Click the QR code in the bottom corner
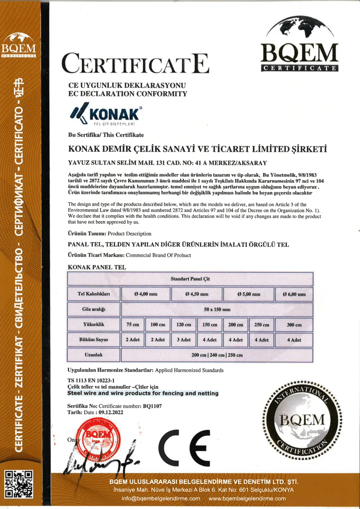(19, 484)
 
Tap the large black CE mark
(184, 448)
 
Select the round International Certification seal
(302, 420)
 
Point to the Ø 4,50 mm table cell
(197, 294)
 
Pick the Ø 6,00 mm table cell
(294, 294)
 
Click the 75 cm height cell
(132, 324)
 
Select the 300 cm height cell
(294, 324)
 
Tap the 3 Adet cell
(184, 339)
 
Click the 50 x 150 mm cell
(217, 309)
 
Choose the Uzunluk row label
(94, 355)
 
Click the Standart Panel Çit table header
(190, 279)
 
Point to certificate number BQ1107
(152, 406)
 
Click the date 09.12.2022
(111, 413)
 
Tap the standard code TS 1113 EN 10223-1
(91, 380)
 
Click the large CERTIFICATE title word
(135, 64)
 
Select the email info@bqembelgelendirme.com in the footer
(161, 499)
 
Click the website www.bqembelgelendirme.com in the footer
(247, 499)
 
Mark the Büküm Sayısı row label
(94, 339)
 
